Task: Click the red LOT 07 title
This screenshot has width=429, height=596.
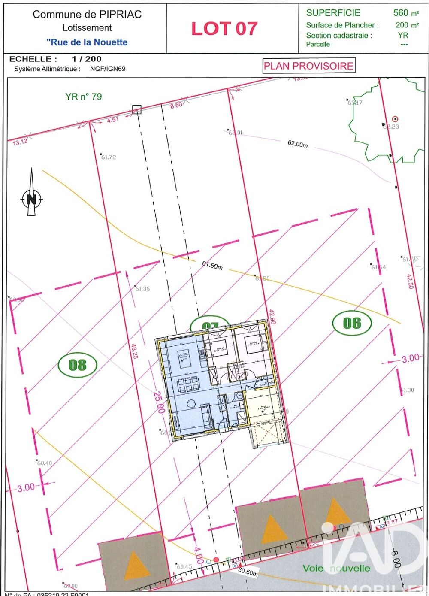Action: tap(224, 29)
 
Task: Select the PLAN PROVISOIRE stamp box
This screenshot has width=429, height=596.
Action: tap(308, 66)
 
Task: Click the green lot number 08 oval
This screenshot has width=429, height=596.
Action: tap(77, 365)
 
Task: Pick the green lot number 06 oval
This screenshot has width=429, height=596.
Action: tap(352, 323)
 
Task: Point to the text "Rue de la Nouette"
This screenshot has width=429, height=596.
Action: tap(87, 42)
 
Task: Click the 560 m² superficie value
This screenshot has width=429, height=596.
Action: tap(405, 13)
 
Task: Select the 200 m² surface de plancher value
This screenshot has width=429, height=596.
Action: tap(407, 25)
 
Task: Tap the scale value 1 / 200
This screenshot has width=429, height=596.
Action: tap(87, 59)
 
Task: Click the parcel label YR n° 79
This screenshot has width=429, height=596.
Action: tap(84, 97)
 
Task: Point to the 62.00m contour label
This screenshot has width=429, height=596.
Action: tap(298, 144)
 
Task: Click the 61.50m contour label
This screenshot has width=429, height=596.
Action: tap(212, 266)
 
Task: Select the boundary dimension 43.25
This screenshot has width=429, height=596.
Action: tap(133, 350)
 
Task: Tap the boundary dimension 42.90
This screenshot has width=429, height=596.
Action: tap(272, 317)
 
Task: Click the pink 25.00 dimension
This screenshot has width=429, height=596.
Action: tap(159, 402)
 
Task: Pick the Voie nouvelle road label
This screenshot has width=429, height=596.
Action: tap(336, 568)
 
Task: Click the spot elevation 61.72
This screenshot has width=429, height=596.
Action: tap(108, 157)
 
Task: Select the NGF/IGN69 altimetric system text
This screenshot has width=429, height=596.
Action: tap(108, 69)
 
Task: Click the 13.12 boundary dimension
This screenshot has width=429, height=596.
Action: tap(20, 142)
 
